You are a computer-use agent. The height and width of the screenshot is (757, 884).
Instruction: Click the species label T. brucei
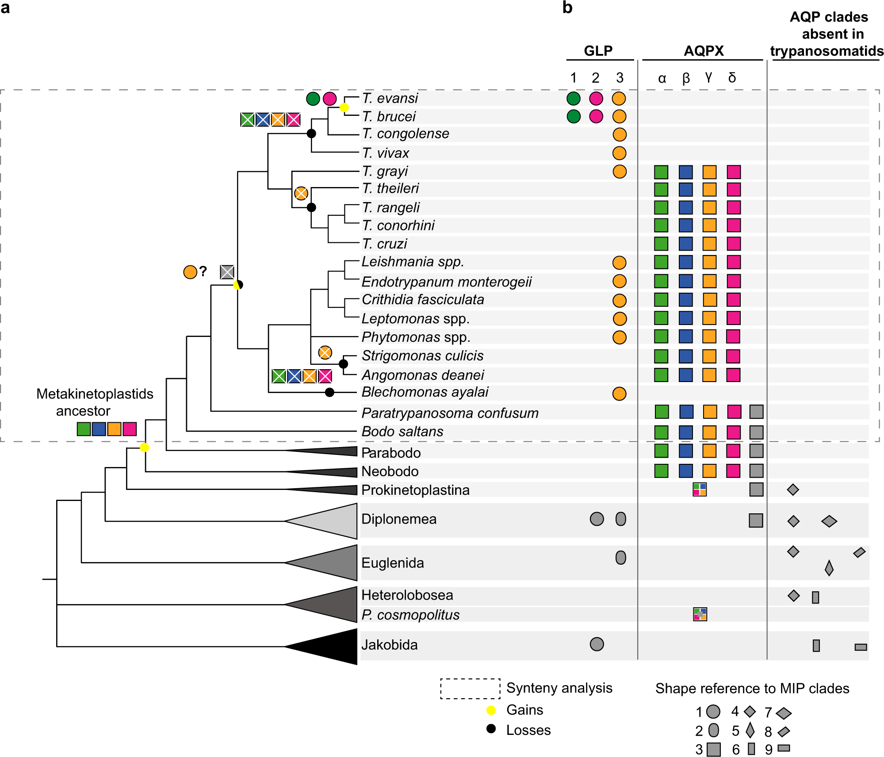tap(389, 116)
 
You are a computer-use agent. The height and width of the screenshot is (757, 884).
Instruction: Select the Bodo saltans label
tap(402, 432)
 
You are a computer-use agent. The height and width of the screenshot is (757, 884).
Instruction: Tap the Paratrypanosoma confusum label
tap(450, 413)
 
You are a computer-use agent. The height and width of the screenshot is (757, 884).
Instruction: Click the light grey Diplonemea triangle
tap(332, 521)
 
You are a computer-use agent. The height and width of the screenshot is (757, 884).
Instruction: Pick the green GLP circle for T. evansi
tap(574, 98)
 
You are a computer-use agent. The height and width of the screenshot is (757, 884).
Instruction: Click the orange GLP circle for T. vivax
tap(619, 153)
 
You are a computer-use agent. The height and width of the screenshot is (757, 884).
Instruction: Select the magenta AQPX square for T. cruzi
tap(734, 244)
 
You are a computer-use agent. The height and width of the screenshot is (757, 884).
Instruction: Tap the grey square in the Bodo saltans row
tap(756, 432)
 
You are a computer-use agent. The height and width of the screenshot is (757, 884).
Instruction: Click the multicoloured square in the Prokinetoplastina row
tap(700, 489)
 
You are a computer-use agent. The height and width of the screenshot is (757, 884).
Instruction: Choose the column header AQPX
tap(704, 51)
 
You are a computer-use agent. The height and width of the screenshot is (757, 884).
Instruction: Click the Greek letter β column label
tap(686, 78)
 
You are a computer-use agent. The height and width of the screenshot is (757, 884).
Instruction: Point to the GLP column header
tap(598, 51)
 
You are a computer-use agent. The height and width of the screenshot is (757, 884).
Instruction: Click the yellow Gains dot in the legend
tap(491, 710)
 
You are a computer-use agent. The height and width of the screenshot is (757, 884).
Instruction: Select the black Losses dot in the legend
tap(491, 729)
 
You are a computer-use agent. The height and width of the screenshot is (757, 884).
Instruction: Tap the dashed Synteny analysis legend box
tap(470, 688)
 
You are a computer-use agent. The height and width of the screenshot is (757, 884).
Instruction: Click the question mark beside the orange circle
tap(203, 271)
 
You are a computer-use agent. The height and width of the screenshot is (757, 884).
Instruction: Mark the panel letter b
tap(567, 8)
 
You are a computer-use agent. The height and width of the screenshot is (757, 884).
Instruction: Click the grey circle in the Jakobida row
tap(597, 644)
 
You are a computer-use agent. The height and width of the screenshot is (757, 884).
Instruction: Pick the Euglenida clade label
tap(392, 563)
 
